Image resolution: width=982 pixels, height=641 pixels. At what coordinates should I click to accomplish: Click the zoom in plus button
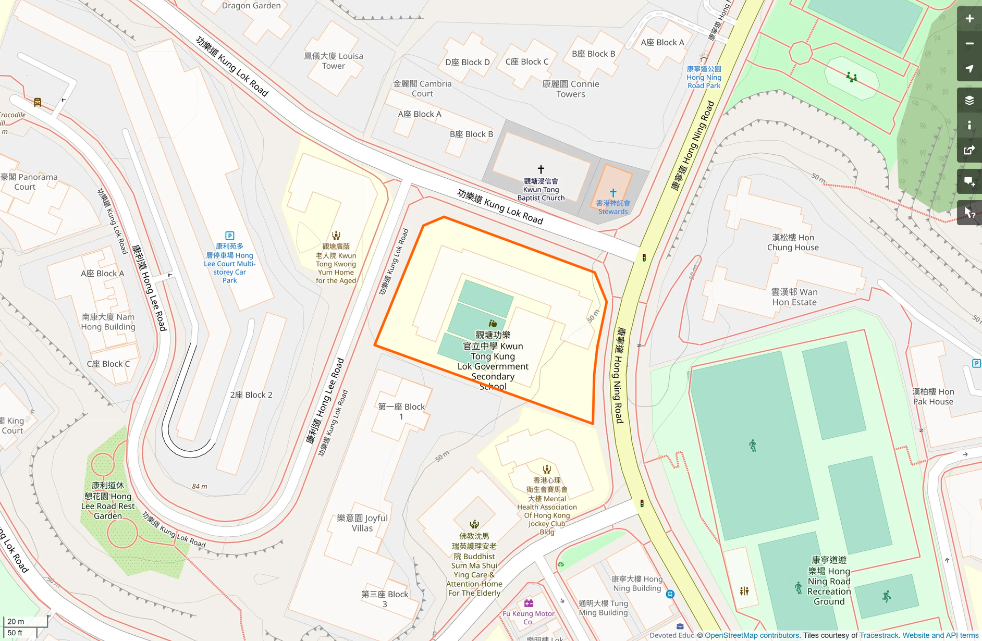pos(969,19)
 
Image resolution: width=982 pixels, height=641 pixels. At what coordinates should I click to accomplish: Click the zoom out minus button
pos(969,44)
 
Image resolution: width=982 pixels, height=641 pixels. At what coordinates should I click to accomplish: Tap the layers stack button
pos(969,100)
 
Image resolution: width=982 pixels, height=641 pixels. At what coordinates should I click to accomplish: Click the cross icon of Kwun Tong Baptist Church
pos(541,169)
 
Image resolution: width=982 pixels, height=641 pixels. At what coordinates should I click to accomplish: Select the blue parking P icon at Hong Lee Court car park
pos(229,236)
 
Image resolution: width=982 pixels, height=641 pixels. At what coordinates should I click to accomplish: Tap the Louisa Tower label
pos(334,61)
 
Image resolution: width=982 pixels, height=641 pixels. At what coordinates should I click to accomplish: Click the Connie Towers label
pos(571,89)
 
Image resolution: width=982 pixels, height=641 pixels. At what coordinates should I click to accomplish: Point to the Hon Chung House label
pos(793,242)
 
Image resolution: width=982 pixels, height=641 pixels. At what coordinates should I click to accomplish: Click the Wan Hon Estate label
pos(794,297)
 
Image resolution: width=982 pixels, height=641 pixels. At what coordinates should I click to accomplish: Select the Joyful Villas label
pos(362,523)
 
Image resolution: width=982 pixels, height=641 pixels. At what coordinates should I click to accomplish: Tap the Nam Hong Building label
pos(108,322)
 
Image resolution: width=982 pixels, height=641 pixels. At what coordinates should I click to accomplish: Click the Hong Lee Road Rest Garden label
pos(108,500)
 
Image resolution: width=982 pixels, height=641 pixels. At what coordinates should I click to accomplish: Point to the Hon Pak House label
pos(933,396)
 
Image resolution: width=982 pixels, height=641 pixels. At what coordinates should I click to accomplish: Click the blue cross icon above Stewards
pos(613,193)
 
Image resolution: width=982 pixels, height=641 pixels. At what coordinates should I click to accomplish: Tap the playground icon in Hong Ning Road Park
pos(852,78)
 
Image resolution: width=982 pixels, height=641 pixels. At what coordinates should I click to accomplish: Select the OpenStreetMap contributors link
pos(752,635)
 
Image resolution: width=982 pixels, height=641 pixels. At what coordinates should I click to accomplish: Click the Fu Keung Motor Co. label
pos(529,618)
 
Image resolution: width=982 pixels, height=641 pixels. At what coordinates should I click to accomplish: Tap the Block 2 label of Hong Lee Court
pos(251,395)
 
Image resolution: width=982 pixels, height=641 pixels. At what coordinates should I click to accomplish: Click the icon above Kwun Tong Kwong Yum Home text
pos(336,236)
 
